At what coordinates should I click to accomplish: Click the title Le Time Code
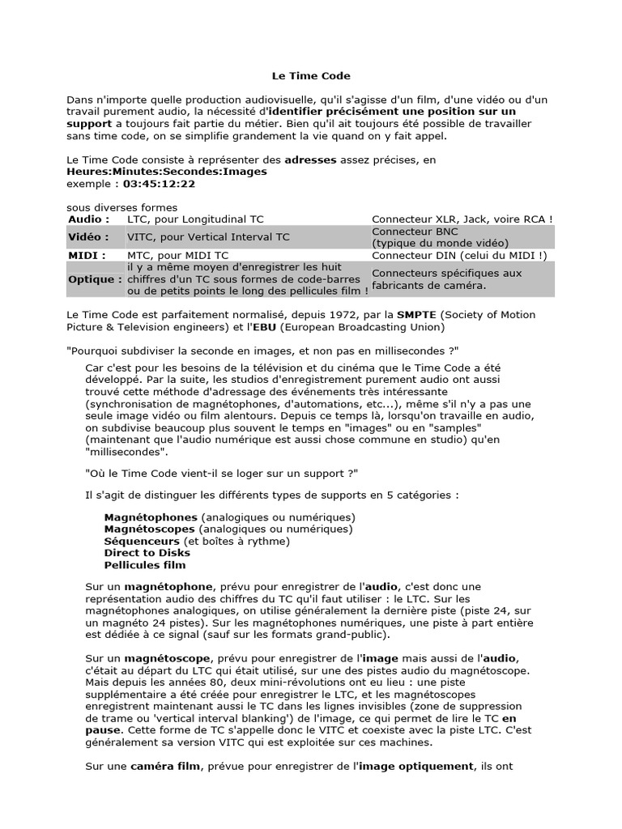point(310,76)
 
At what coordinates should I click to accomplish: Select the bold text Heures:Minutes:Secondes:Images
point(166,172)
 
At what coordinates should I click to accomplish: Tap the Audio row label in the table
point(85,219)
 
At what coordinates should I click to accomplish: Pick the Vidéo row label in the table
point(88,237)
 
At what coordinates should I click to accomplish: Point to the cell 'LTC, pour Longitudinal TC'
point(195,219)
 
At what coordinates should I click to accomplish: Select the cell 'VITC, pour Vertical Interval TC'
point(208,237)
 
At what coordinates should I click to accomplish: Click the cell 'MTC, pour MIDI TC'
point(177,256)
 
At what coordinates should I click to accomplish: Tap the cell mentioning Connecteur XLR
point(462,219)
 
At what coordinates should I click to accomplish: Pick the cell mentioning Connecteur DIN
point(459,256)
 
